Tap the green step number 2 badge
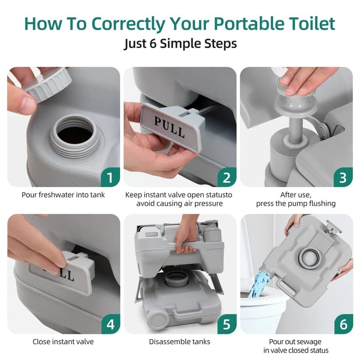[x=226, y=178]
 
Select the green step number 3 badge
[x=342, y=178]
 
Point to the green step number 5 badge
[x=226, y=324]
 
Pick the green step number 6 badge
[x=342, y=324]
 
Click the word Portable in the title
[x=241, y=24]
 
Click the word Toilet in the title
[x=310, y=24]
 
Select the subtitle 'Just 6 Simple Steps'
[x=180, y=45]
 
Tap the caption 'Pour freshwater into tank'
[x=63, y=195]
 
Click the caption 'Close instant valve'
[x=63, y=342]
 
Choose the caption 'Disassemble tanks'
[x=180, y=342]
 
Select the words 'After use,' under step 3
[x=296, y=195]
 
